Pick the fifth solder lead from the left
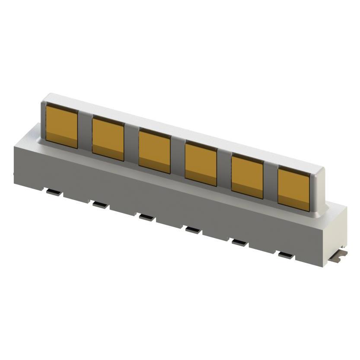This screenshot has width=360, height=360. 239,242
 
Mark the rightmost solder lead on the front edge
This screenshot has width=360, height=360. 286,255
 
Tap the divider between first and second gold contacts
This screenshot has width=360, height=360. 85,132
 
